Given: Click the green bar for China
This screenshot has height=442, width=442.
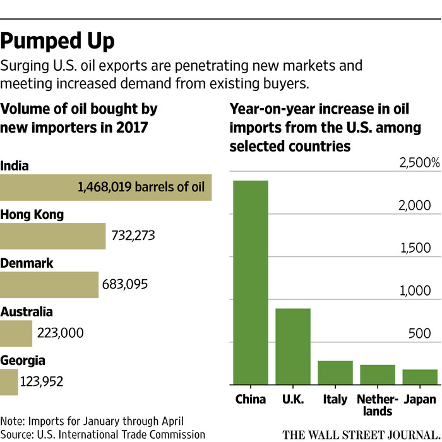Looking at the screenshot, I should pos(251,282).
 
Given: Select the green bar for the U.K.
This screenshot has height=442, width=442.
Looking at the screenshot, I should pos(293,346).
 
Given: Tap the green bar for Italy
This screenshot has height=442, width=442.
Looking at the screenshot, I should pos(335,373).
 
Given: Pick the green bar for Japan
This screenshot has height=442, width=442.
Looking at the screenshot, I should pos(420,377).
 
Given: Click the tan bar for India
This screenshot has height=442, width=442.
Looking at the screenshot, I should pos(105,188).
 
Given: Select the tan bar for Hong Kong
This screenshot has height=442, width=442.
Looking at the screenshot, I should pos(52,236).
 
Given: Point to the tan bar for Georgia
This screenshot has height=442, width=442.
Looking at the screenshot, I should pos(9,382).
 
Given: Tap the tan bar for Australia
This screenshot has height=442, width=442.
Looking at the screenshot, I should pos(16,333).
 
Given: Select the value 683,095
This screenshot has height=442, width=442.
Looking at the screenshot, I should pos(125,284).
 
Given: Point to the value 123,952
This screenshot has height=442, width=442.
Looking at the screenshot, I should pos(42,381).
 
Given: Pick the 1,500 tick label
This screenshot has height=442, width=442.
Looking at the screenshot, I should pos(417,248).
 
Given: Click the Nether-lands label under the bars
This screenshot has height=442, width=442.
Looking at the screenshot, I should pos(378,405).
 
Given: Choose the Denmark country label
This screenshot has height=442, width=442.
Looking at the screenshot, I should pos(27,263).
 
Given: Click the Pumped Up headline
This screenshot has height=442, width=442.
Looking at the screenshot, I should pos(58,42).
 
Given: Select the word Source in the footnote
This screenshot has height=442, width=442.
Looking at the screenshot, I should pos(18,434).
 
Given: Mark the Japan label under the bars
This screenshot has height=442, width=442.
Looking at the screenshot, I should pos(420,399).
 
